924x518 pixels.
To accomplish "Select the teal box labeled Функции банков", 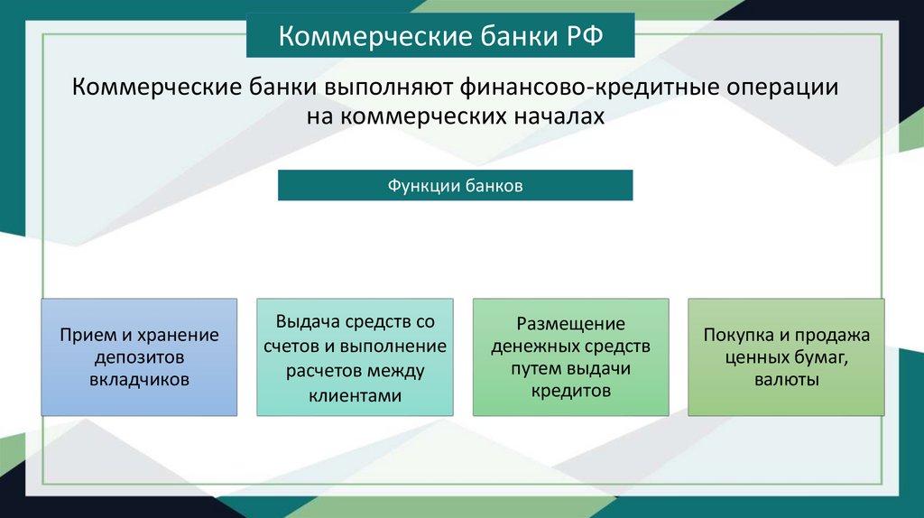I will click(x=455, y=185).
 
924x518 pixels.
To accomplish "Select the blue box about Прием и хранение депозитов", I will click(x=140, y=357).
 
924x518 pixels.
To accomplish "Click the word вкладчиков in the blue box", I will click(x=140, y=380).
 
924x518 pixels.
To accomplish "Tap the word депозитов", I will click(x=140, y=357).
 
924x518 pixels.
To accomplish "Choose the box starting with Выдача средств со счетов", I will click(x=355, y=357).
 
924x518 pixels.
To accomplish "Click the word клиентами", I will click(x=355, y=395).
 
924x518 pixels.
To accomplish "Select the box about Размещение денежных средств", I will click(x=570, y=357).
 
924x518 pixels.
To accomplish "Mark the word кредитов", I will click(x=570, y=392).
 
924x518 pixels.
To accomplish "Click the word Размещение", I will click(x=570, y=323).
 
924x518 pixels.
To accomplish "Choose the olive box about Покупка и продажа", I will click(x=786, y=357).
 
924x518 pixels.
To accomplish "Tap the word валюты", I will click(x=786, y=380).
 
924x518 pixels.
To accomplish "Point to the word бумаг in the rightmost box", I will click(x=818, y=357).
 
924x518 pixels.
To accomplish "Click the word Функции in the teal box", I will click(x=424, y=185).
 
